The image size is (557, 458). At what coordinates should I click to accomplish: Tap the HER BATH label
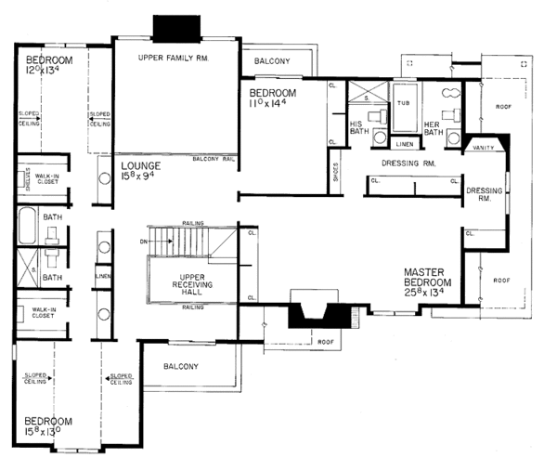(433, 128)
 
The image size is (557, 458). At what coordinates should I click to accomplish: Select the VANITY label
(482, 147)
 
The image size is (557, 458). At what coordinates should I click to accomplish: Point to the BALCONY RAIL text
(214, 159)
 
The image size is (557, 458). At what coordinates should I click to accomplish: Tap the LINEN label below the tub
(404, 143)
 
